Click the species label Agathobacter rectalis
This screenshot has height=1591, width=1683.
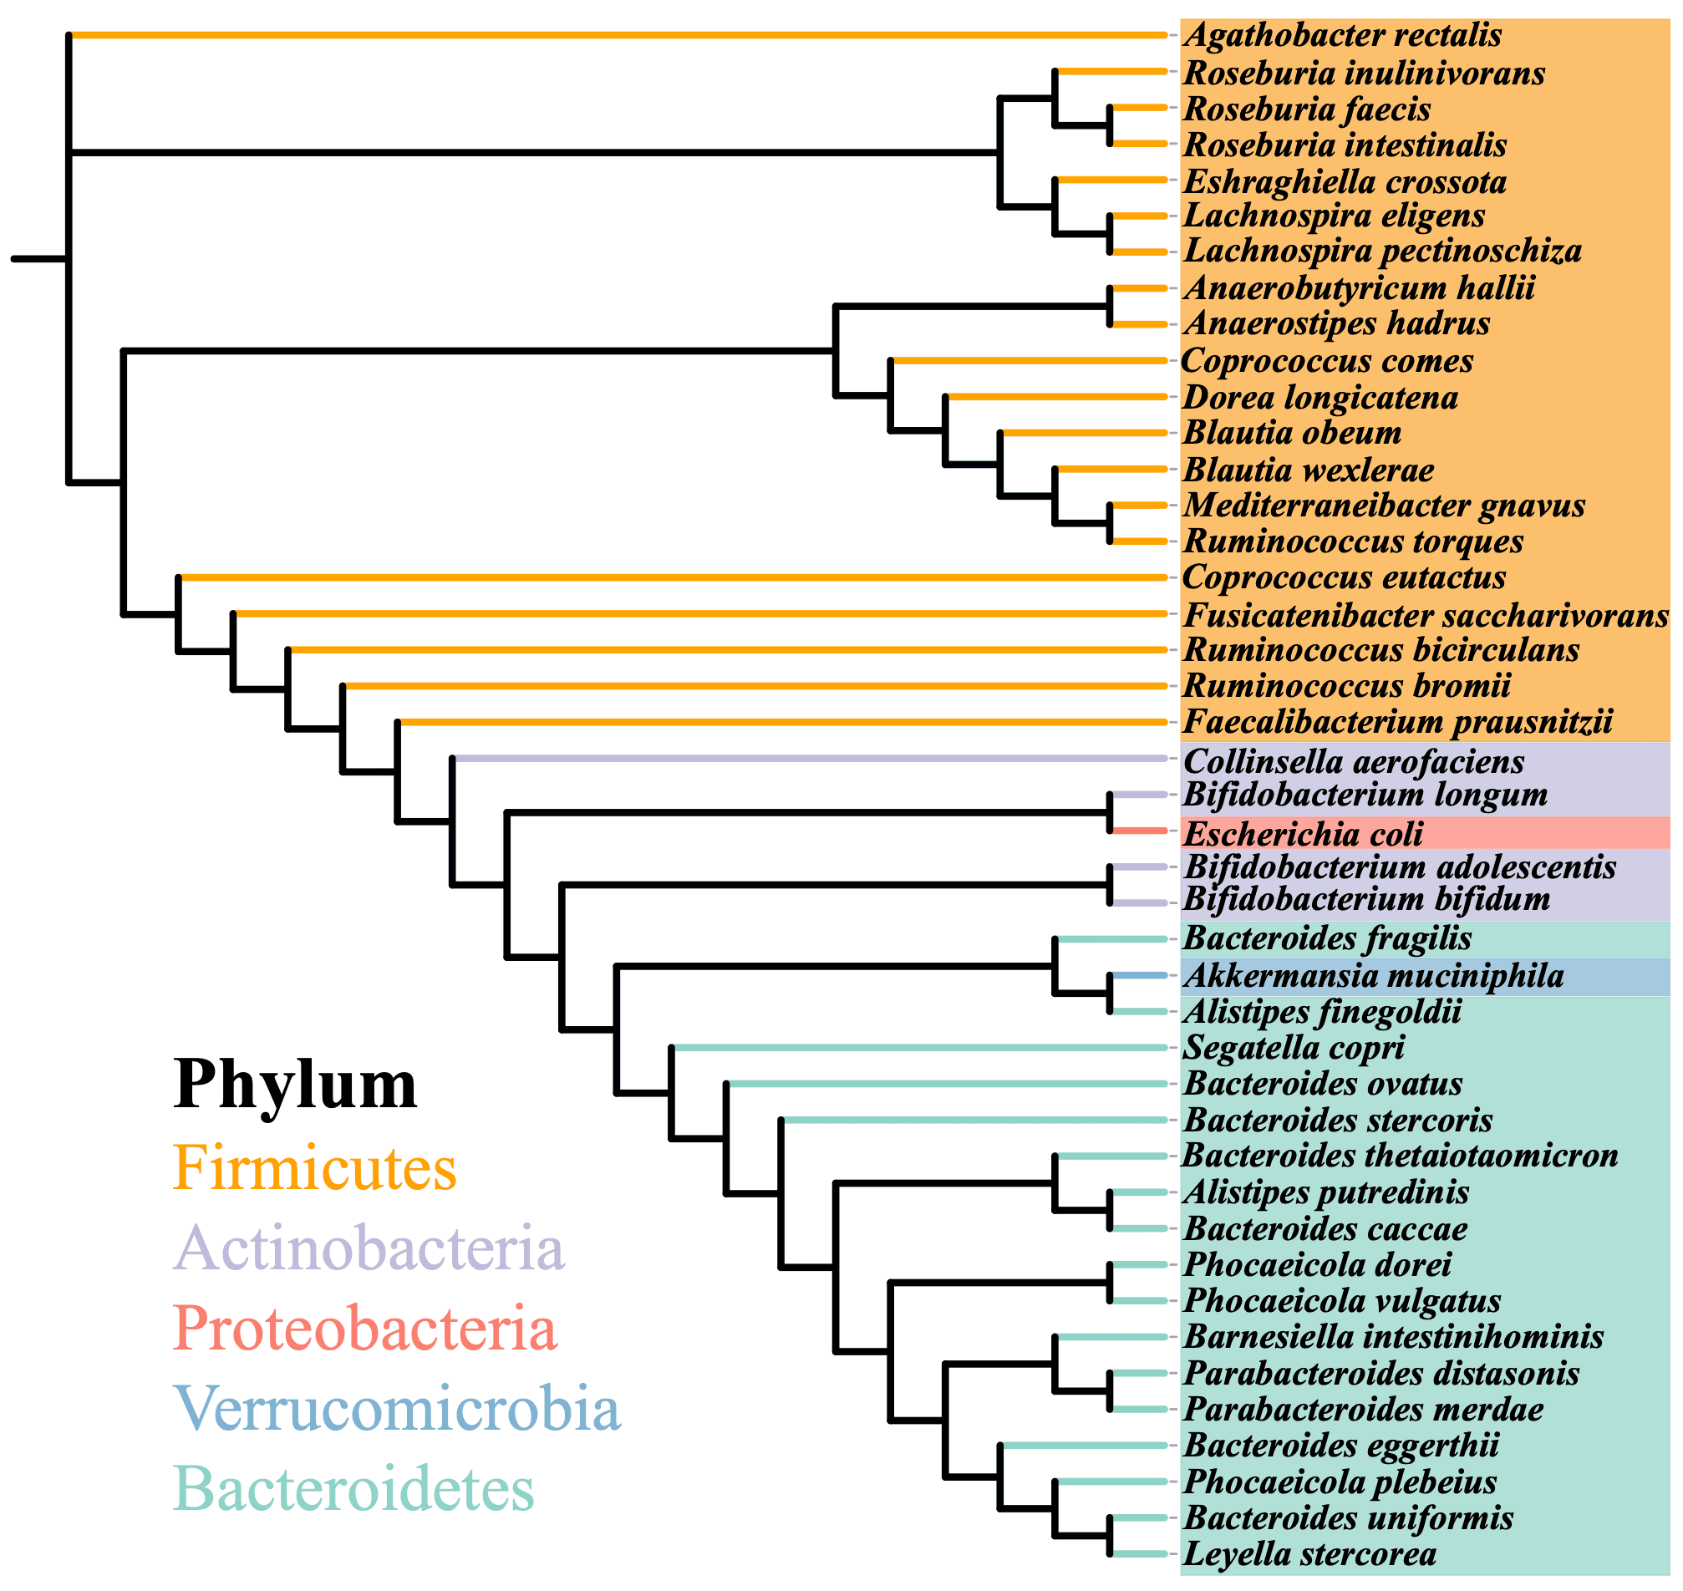pyautogui.click(x=1343, y=36)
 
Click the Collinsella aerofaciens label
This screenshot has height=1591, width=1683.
pyautogui.click(x=1354, y=761)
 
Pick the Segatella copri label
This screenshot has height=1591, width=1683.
pyautogui.click(x=1294, y=1048)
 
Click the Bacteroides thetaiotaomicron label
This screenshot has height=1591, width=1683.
pyautogui.click(x=1401, y=1156)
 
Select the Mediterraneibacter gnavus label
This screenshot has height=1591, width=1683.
pyautogui.click(x=1385, y=506)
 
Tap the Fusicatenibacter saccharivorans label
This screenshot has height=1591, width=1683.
pyautogui.click(x=1426, y=616)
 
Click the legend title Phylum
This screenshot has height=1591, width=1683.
pyautogui.click(x=295, y=1085)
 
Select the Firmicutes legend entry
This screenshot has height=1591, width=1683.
pyautogui.click(x=315, y=1169)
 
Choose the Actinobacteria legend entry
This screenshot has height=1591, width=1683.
pyautogui.click(x=369, y=1248)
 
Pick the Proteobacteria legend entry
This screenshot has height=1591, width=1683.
pyautogui.click(x=366, y=1329)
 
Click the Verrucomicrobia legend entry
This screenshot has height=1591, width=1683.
pyautogui.click(x=397, y=1409)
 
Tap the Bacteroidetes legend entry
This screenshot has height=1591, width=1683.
pyautogui.click(x=353, y=1489)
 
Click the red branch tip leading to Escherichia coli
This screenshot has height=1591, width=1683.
pyautogui.click(x=1139, y=831)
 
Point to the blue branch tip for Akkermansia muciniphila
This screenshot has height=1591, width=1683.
pyautogui.click(x=1139, y=976)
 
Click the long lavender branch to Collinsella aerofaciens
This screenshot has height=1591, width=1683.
pyautogui.click(x=806, y=759)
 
